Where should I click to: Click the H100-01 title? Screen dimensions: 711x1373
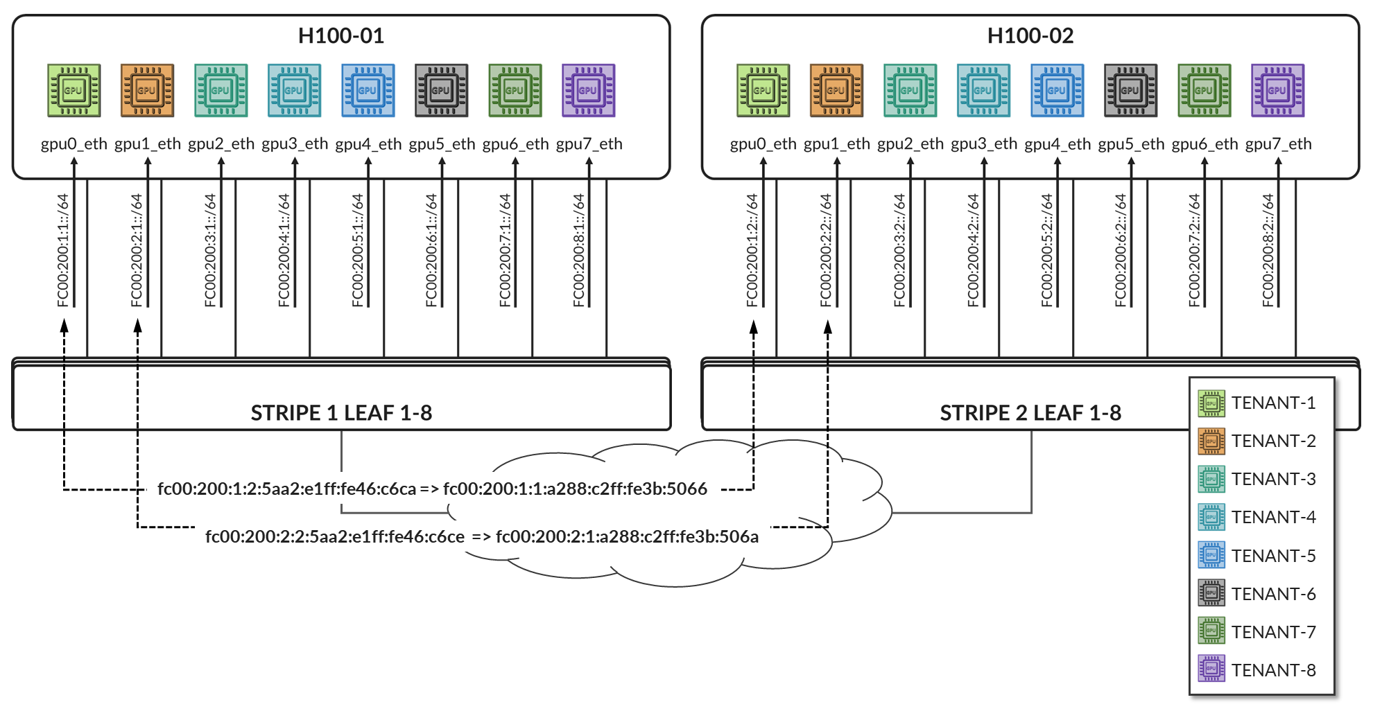tap(340, 36)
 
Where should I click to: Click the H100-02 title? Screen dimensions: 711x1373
tap(1030, 36)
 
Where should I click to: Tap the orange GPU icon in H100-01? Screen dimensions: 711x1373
tap(147, 90)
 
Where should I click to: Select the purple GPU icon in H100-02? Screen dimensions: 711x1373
tap(1277, 90)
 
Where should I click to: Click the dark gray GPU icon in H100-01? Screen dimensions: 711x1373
tap(441, 90)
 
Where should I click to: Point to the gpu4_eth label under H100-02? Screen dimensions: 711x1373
tap(1057, 144)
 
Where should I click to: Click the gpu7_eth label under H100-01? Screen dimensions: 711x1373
tap(589, 144)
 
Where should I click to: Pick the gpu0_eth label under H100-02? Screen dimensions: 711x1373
tap(763, 144)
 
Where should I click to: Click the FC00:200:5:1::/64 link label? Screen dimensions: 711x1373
tap(357, 250)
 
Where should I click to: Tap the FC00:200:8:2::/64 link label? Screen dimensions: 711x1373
tap(1268, 250)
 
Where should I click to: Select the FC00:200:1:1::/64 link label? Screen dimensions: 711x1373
tap(63, 250)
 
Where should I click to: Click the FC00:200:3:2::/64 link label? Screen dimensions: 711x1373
tap(899, 250)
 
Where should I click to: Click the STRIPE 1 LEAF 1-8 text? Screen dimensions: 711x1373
tap(341, 413)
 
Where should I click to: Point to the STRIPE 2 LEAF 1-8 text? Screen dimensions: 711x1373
tap(1030, 413)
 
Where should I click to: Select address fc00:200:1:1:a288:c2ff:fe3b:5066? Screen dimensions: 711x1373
tap(575, 489)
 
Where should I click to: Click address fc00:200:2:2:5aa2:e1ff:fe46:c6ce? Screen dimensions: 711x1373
tap(335, 537)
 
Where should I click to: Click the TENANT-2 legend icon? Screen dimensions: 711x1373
tap(1211, 441)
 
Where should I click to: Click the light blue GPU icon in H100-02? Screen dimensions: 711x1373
tap(983, 90)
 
